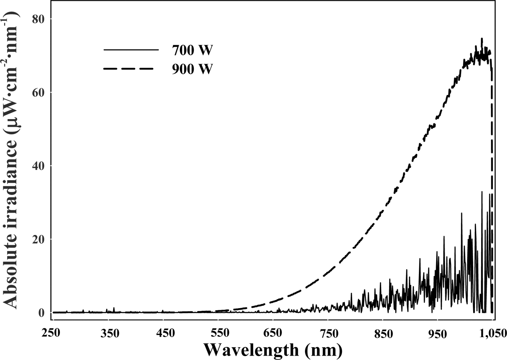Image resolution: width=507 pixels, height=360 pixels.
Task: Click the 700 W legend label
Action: coord(191,51)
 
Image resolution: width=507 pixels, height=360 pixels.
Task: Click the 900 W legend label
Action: coord(191,69)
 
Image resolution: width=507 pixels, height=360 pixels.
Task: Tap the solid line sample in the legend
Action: coord(131,50)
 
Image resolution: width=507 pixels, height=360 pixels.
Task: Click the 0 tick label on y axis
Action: coord(41,313)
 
